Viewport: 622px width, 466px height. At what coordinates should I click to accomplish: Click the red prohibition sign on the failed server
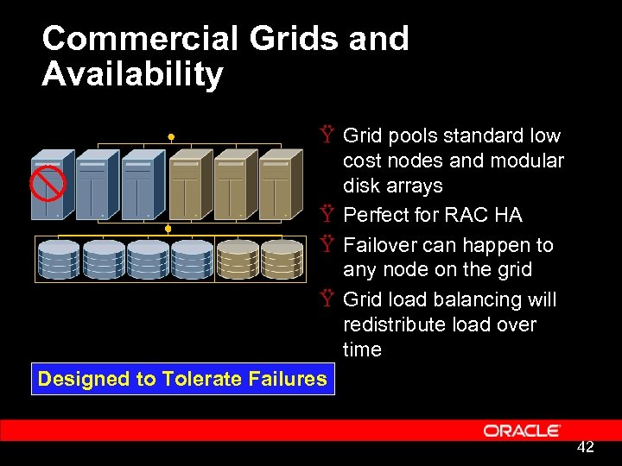(x=48, y=183)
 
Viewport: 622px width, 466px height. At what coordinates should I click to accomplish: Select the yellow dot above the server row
(x=171, y=137)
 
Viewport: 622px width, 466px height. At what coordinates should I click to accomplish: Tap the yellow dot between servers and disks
(x=169, y=229)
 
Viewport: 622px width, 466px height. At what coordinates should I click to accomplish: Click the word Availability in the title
(x=132, y=74)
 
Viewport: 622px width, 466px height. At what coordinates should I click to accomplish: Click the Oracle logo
(x=522, y=430)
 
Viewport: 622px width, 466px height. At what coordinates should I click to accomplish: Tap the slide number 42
(x=585, y=446)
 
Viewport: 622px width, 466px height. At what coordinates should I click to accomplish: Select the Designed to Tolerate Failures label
(x=182, y=378)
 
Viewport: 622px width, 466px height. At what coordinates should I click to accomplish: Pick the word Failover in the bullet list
(x=381, y=244)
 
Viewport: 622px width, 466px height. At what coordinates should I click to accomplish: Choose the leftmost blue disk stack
(x=57, y=258)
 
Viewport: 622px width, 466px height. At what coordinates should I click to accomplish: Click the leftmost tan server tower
(x=190, y=185)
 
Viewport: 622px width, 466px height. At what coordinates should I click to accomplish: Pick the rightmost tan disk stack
(x=282, y=258)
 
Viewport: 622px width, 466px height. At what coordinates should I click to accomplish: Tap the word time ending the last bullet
(x=361, y=349)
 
